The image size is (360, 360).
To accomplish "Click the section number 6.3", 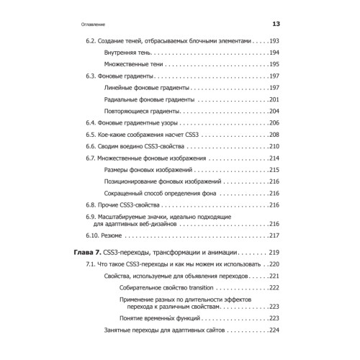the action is (x=91, y=76).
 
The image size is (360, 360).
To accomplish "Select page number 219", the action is (x=272, y=253).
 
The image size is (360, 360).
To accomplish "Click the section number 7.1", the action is (x=91, y=264).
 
